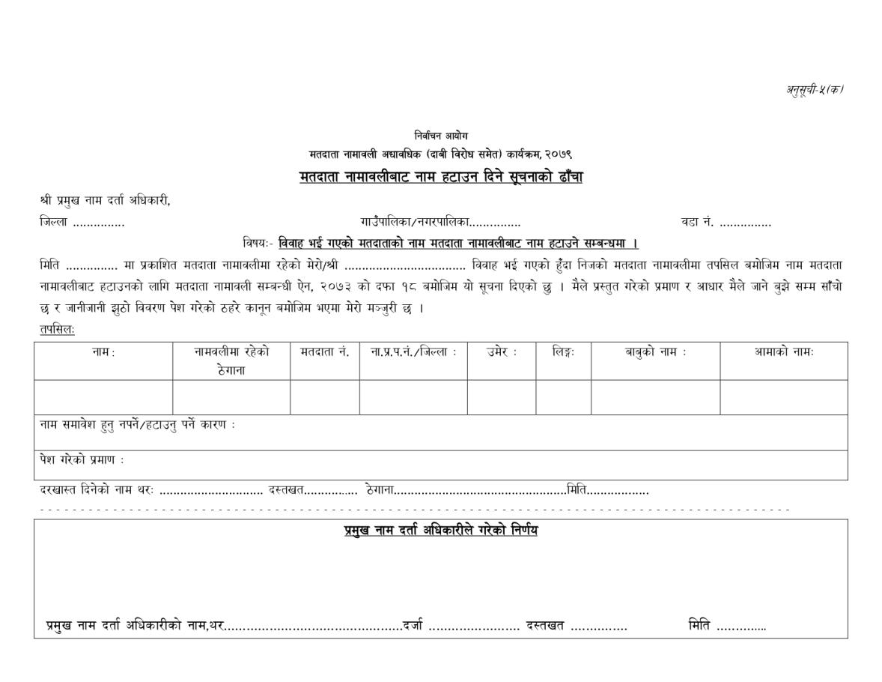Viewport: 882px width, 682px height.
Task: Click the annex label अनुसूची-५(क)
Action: pos(814,90)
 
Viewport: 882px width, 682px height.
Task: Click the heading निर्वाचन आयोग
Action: pos(441,136)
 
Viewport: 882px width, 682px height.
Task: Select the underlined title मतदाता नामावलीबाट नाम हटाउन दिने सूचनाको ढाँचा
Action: pos(441,178)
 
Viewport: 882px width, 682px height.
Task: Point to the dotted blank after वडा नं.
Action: pos(745,223)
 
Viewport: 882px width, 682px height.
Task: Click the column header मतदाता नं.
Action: pos(325,352)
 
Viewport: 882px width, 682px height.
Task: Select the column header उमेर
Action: pos(502,352)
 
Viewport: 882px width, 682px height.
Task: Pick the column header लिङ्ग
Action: pos(563,352)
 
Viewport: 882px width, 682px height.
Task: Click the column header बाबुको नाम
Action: pos(656,352)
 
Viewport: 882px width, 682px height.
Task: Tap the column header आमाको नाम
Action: pos(784,352)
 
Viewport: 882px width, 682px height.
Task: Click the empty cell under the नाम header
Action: pos(103,397)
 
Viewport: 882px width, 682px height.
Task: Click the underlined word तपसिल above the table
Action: pos(58,330)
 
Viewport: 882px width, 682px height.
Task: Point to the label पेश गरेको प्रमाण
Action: pos(82,459)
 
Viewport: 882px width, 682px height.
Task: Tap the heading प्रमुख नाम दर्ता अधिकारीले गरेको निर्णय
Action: pos(441,531)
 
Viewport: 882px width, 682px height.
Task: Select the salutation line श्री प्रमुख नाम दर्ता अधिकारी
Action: pos(105,201)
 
